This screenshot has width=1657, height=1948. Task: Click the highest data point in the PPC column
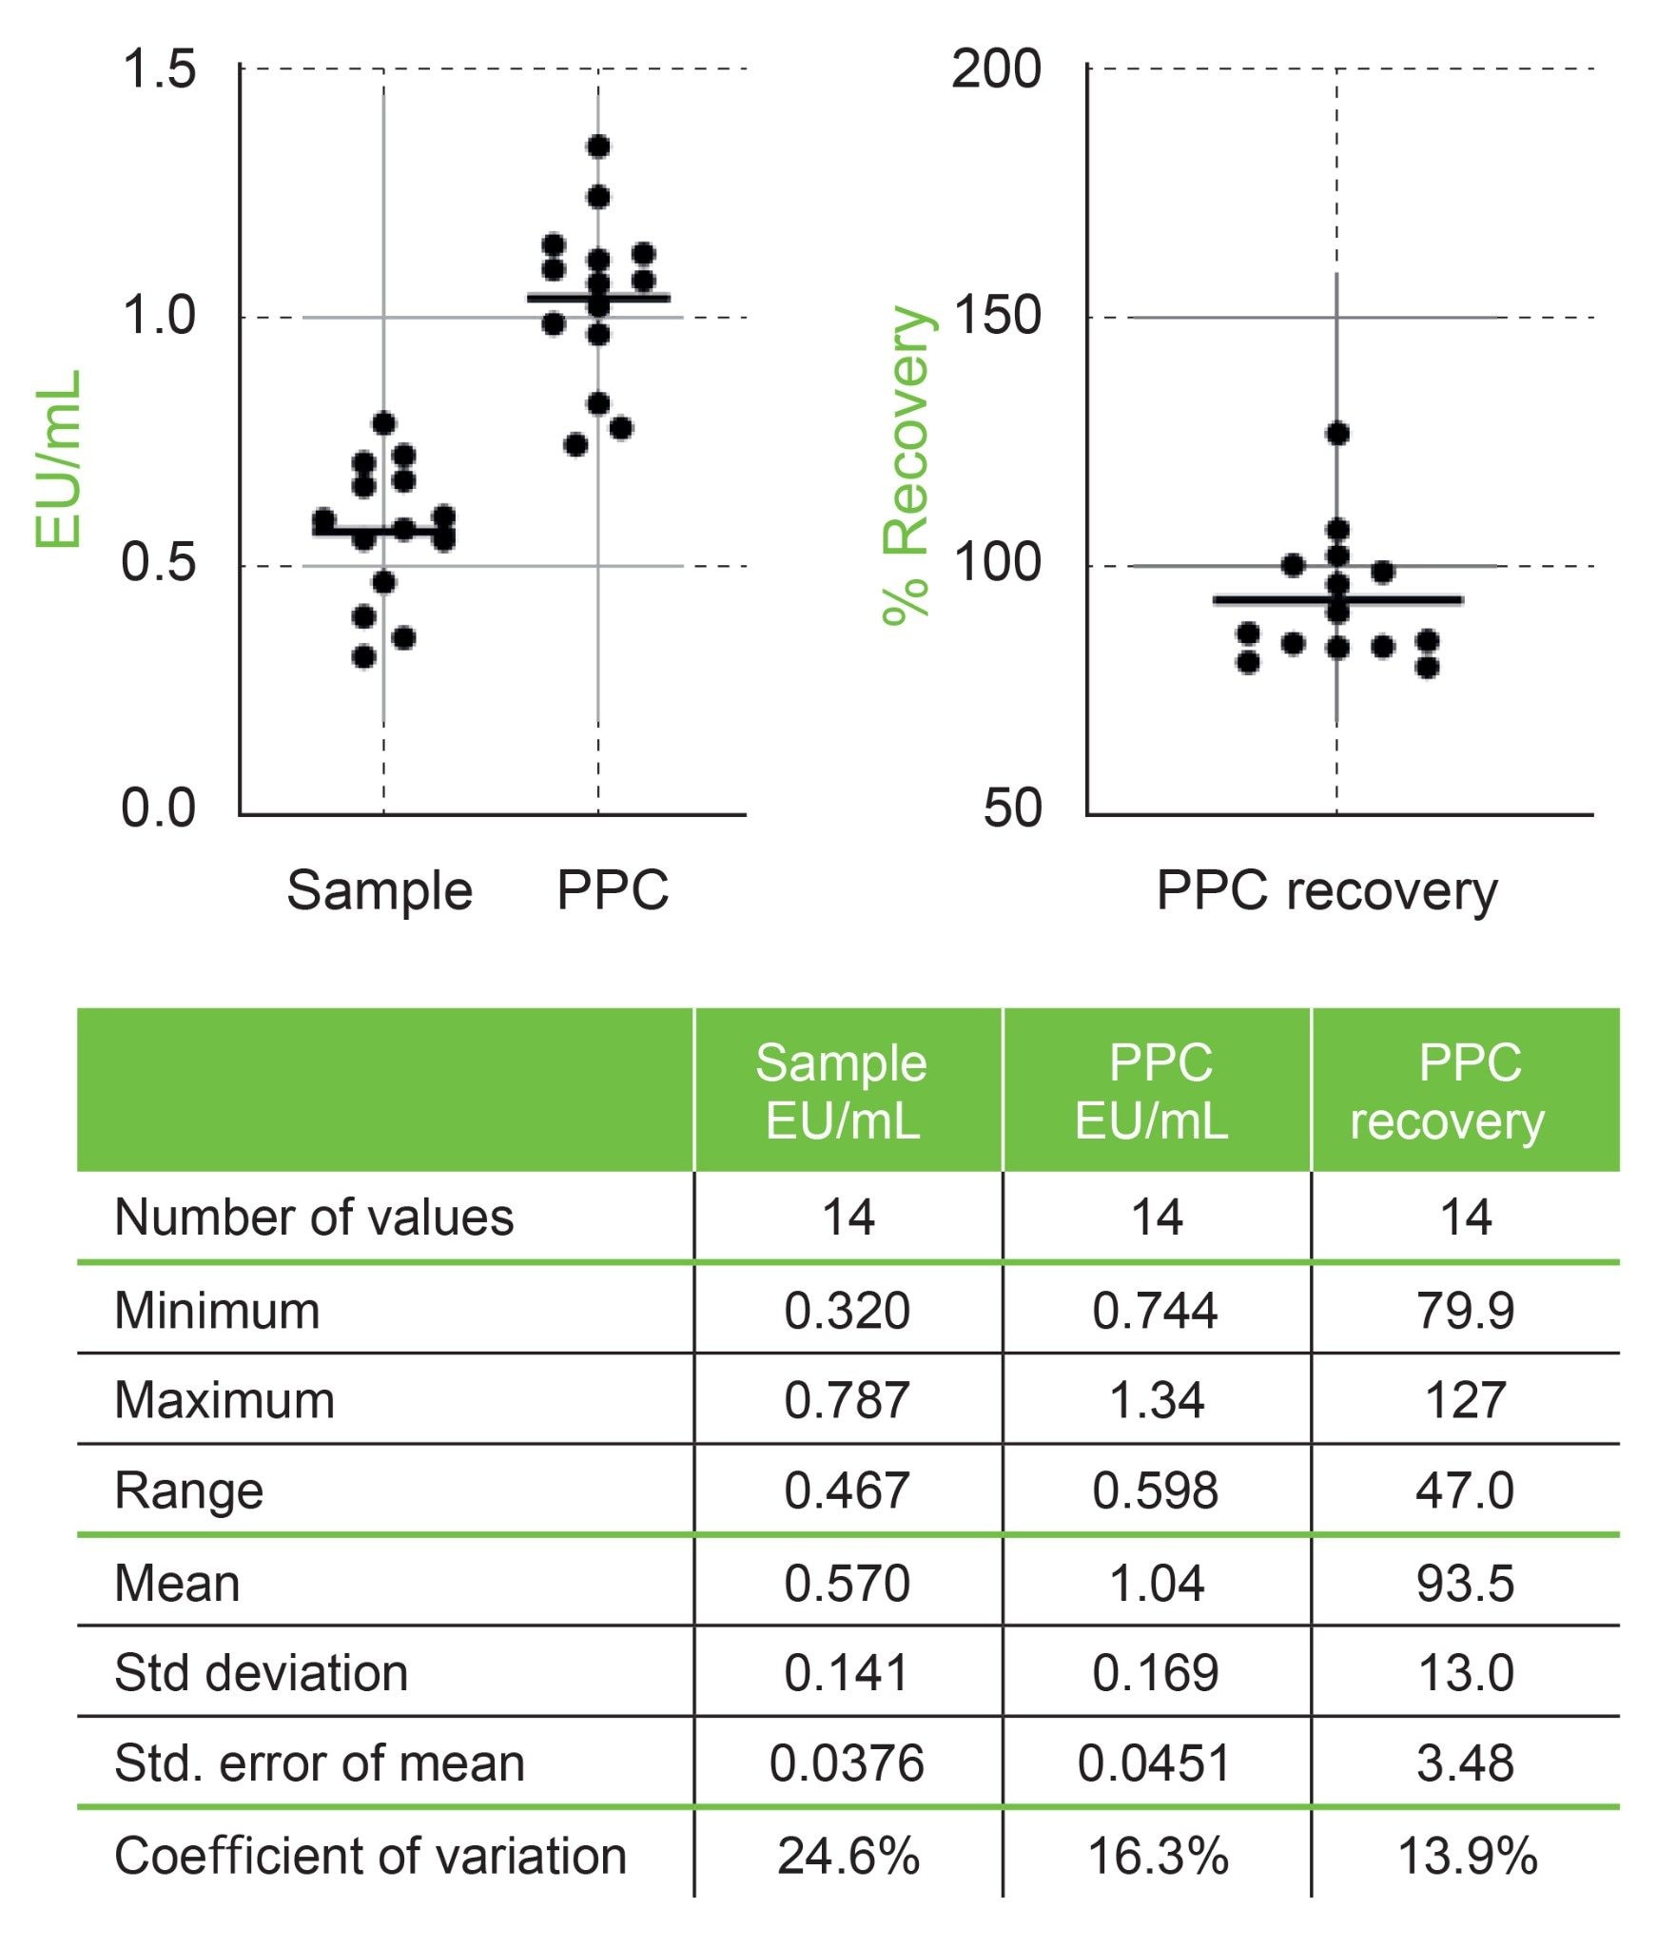pos(598,146)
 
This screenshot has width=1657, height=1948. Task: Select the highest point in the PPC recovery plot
pos(1337,434)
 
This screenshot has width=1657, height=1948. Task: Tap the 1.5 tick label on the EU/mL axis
pos(158,70)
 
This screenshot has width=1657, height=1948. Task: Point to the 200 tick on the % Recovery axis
pos(996,70)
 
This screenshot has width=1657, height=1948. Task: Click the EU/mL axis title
pos(59,458)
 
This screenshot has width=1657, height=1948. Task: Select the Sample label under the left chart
pos(380,891)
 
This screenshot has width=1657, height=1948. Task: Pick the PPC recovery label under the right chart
pos(1327,891)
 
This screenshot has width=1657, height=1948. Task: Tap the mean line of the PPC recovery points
pos(1337,600)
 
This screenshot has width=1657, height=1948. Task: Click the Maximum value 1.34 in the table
pos(1157,1400)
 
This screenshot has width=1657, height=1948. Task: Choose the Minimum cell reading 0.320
pos(847,1311)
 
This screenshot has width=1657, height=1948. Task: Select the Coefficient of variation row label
pos(370,1856)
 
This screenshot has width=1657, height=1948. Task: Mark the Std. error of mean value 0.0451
pos(1154,1763)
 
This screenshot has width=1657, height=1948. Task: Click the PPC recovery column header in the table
pos(1465,1091)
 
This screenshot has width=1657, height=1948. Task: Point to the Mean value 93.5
pos(1465,1584)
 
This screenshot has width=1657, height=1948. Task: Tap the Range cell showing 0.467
pos(847,1490)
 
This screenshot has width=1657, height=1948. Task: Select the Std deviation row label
pos(261,1673)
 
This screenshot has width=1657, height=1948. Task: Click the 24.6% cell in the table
pos(848,1856)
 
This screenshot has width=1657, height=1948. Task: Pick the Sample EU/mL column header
pos(843,1091)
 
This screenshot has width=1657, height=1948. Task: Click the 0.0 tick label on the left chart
pos(158,808)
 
